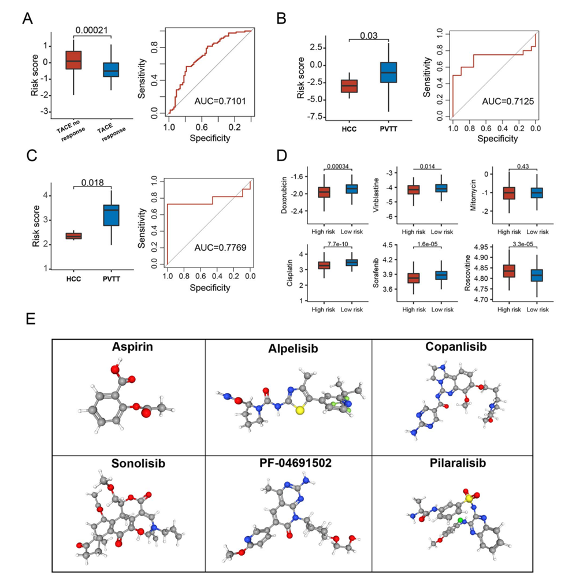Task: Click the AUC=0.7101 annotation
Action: pos(220,101)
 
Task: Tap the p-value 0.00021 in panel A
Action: pos(92,30)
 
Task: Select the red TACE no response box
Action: pos(73,60)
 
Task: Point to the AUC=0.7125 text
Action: pos(508,101)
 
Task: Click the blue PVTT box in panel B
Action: pos(388,72)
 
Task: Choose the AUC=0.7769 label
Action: pos(221,247)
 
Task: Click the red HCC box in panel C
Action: pos(73,236)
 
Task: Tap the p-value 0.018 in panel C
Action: pos(92,183)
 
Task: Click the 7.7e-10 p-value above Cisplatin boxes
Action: pos(337,244)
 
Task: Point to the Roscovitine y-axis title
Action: pos(467,273)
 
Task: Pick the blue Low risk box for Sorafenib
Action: pos(441,276)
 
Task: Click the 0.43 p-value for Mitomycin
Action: pos(523,166)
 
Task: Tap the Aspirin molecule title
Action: pos(132,347)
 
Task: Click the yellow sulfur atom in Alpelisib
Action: pos(300,410)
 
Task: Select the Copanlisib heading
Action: pos(456,347)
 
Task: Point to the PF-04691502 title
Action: pos(295,463)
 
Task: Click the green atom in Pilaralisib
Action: pos(460,520)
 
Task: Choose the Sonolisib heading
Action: pos(138,463)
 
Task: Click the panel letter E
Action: pos(31,318)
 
